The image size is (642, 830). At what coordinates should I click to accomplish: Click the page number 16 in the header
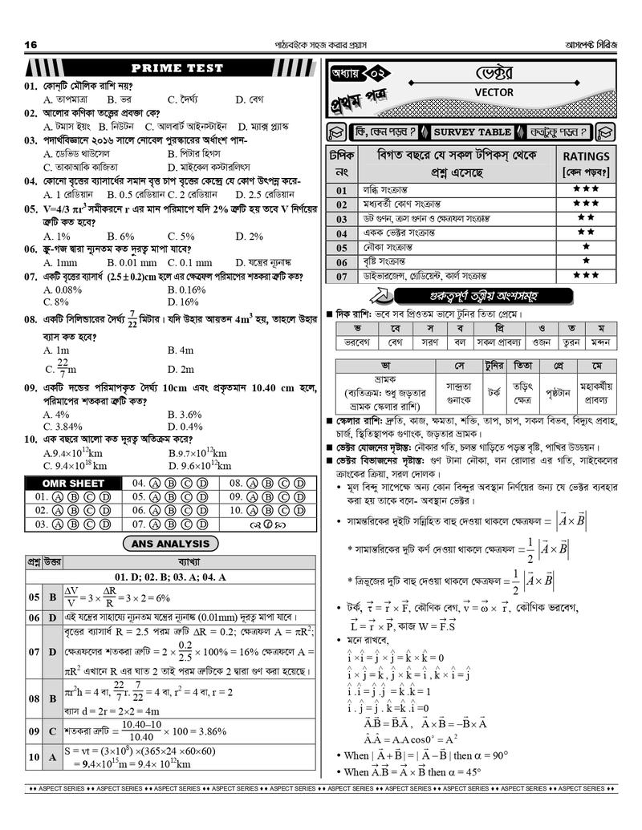pos(31,43)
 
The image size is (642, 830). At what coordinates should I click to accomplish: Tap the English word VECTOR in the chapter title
pos(494,93)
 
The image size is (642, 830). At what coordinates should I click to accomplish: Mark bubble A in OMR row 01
pos(59,497)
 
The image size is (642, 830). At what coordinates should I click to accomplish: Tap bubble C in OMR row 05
pos(189,497)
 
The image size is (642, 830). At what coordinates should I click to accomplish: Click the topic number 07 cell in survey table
pos(341,277)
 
